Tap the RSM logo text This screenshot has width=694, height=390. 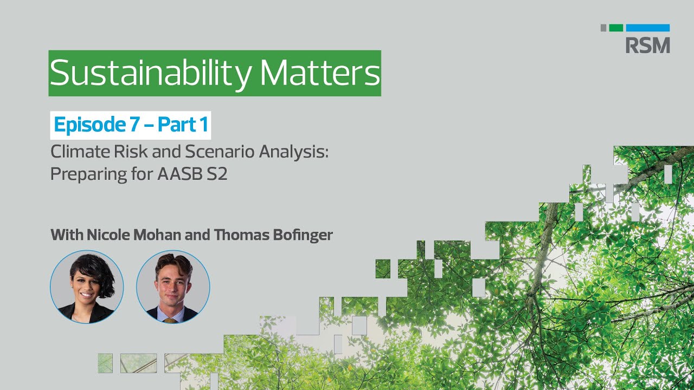pyautogui.click(x=647, y=45)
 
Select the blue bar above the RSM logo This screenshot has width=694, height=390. pyautogui.click(x=647, y=28)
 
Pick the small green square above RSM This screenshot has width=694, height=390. pyautogui.click(x=616, y=28)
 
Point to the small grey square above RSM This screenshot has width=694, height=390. pyautogui.click(x=603, y=28)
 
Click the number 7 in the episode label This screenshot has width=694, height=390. pyautogui.click(x=134, y=125)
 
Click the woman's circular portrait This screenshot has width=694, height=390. pyautogui.click(x=87, y=287)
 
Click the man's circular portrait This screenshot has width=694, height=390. pyautogui.click(x=173, y=287)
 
